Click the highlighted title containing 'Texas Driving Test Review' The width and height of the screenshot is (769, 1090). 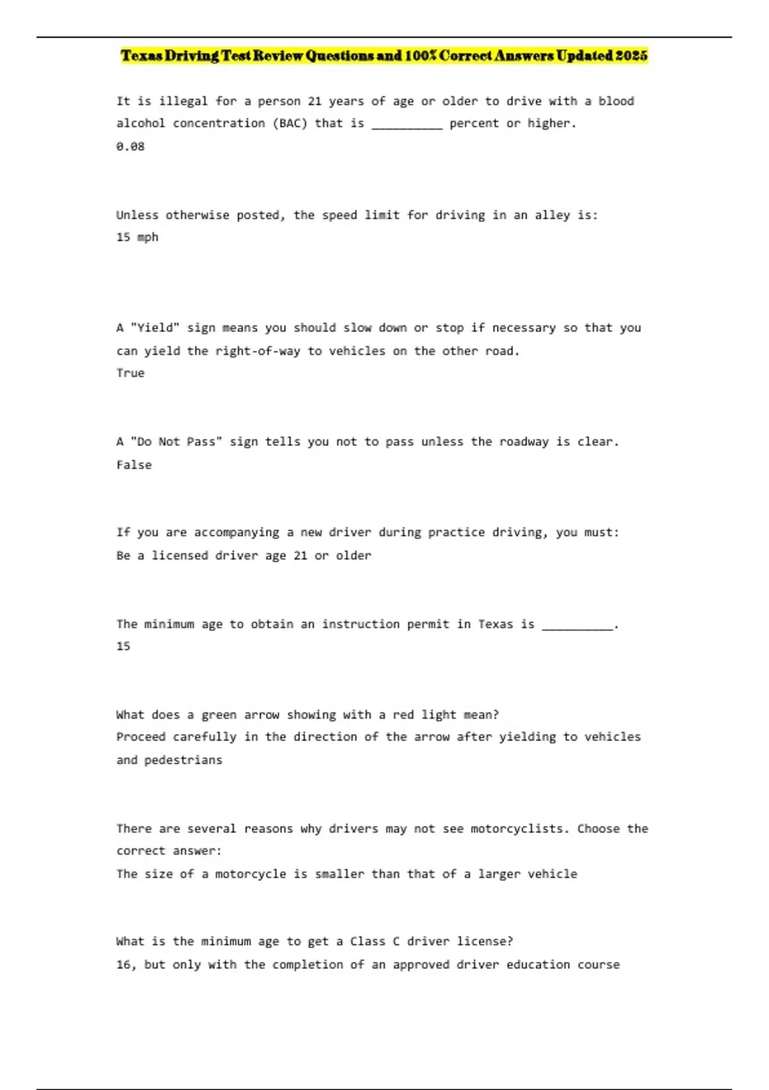click(x=384, y=56)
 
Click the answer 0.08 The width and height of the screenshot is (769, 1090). click(x=130, y=146)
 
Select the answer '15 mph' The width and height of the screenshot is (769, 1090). click(x=137, y=237)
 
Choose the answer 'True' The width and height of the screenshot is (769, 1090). click(x=130, y=373)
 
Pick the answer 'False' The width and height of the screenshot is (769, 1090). click(x=134, y=465)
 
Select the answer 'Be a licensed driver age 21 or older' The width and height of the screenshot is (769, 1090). click(x=244, y=555)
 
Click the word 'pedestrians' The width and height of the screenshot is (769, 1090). click(x=183, y=760)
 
